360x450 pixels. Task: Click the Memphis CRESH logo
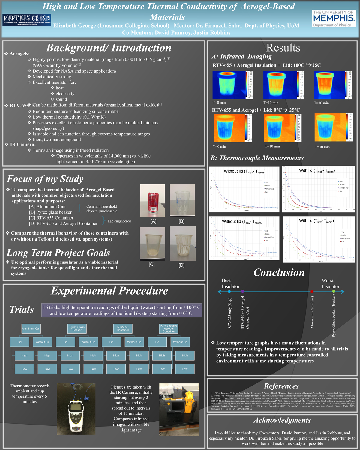point(27,19)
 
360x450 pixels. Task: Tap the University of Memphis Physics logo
point(334,19)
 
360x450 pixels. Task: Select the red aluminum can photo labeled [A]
point(153,200)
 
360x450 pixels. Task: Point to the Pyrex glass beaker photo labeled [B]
point(182,200)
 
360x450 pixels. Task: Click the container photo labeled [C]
point(152,244)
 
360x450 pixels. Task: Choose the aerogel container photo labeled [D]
point(182,244)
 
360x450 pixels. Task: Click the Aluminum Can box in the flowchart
point(31,328)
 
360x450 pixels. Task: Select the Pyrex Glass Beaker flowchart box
point(77,328)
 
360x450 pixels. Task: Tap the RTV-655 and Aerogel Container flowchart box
point(169,328)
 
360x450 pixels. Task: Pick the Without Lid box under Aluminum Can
point(42,342)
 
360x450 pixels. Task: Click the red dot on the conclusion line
point(312,292)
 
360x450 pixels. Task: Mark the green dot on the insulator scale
point(334,292)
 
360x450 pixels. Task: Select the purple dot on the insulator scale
point(242,292)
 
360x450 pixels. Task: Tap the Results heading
point(283,48)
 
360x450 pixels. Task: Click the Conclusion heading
point(279,272)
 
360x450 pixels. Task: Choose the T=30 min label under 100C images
point(321,103)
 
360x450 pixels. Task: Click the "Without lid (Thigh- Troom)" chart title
point(244,171)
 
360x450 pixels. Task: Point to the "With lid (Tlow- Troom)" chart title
point(316,221)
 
